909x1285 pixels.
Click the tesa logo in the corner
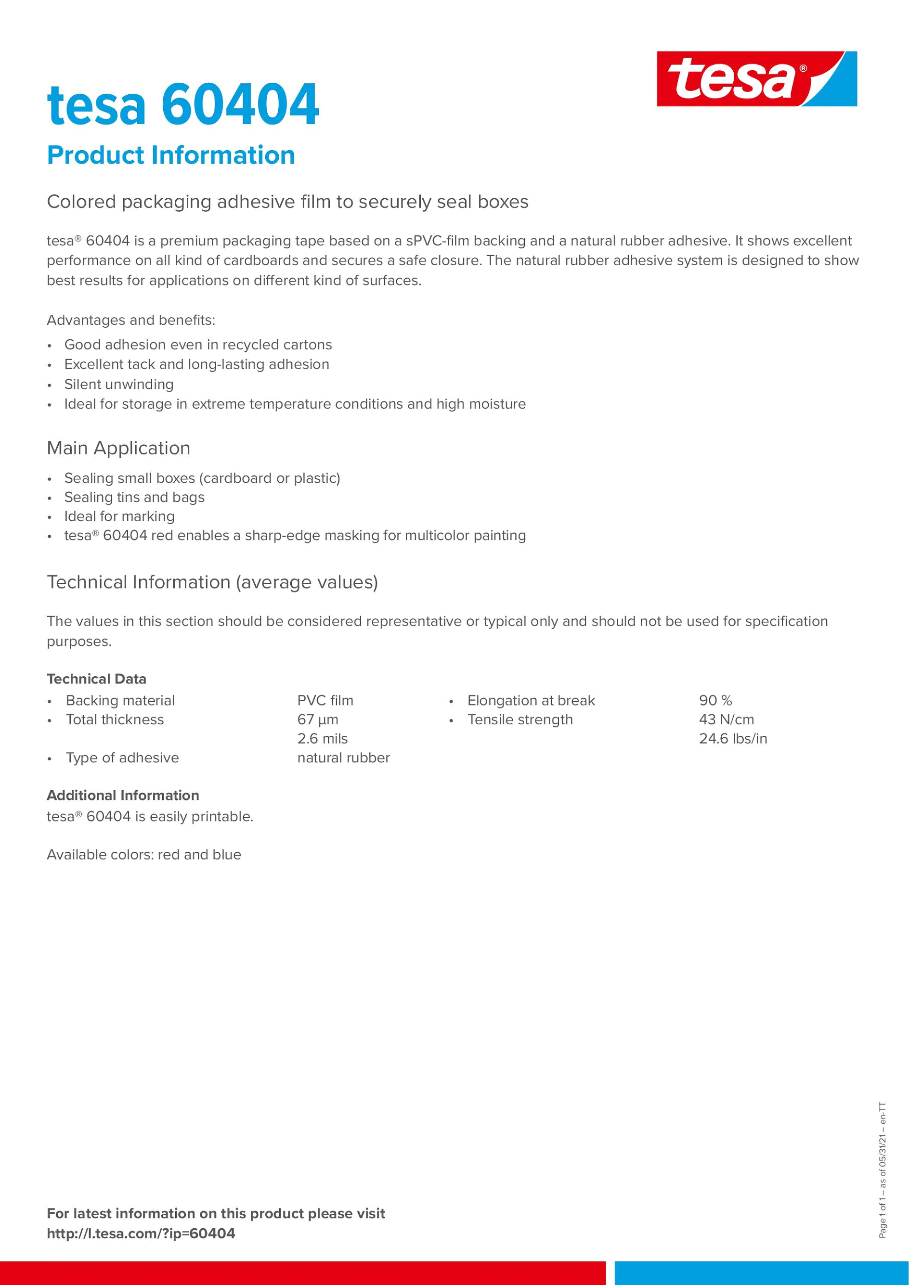pyautogui.click(x=756, y=79)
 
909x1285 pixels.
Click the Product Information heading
pyautogui.click(x=171, y=155)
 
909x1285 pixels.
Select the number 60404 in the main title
pyautogui.click(x=240, y=104)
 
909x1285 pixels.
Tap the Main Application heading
pyautogui.click(x=118, y=448)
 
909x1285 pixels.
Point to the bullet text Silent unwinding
pyautogui.click(x=118, y=385)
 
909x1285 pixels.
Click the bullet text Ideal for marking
pyautogui.click(x=119, y=516)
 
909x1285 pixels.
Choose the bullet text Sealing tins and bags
pyautogui.click(x=134, y=498)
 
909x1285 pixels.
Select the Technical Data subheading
pyautogui.click(x=96, y=679)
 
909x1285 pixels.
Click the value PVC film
pyautogui.click(x=325, y=701)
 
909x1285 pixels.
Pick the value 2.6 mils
pyautogui.click(x=323, y=739)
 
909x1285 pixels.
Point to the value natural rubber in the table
pyautogui.click(x=343, y=758)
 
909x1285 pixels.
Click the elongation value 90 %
pyautogui.click(x=715, y=701)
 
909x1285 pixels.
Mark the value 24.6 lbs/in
pyautogui.click(x=733, y=739)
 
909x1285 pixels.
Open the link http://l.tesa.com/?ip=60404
pyautogui.click(x=141, y=1234)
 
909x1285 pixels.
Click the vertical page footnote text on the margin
pyautogui.click(x=883, y=1169)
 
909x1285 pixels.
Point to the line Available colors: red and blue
pyautogui.click(x=144, y=855)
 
